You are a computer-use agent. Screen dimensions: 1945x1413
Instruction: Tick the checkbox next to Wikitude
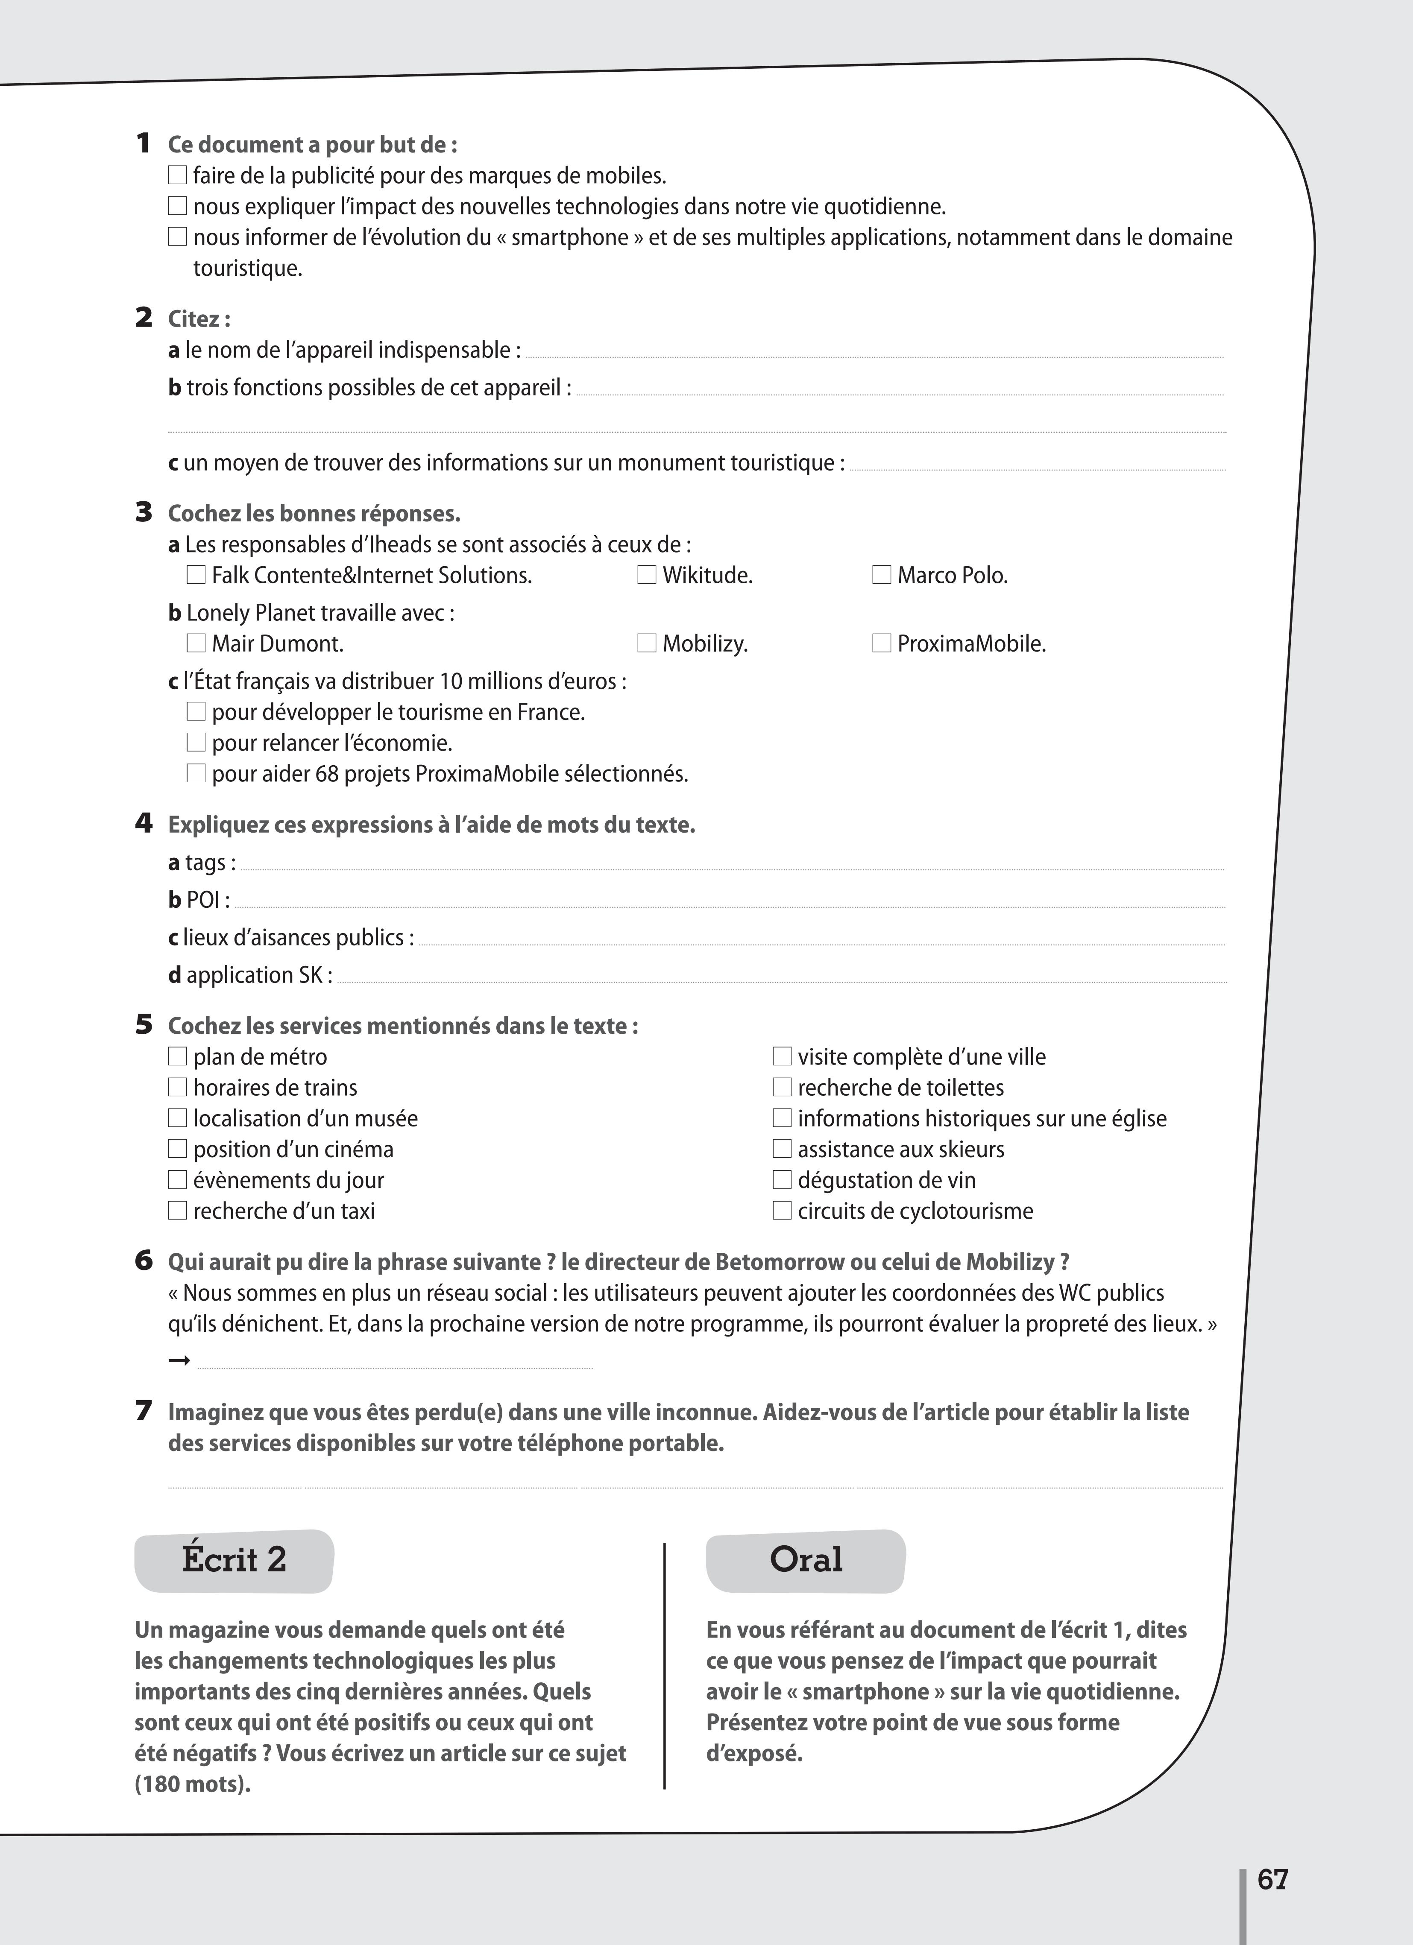[x=647, y=575]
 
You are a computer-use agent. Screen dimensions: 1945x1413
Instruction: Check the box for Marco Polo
[x=881, y=575]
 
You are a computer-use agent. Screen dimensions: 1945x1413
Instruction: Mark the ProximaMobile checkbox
[x=881, y=643]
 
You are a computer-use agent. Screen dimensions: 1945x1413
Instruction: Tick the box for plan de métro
[x=178, y=1056]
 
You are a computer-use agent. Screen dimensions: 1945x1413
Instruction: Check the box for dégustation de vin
[x=782, y=1180]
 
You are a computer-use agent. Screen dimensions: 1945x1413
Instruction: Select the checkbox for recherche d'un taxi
[x=178, y=1211]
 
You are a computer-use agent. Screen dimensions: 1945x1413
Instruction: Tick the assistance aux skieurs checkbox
[x=782, y=1149]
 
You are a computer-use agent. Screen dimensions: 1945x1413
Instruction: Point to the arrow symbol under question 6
[x=179, y=1361]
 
